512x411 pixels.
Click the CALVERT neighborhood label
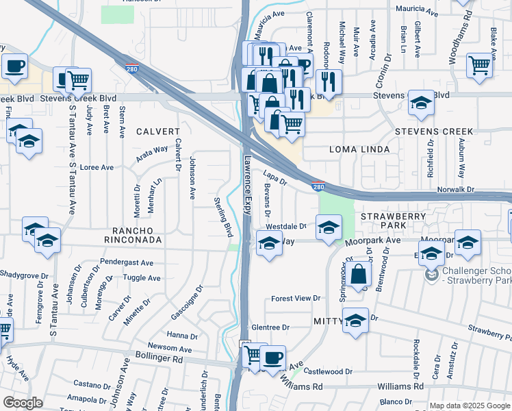(x=157, y=131)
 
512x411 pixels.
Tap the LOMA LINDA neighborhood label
(x=359, y=149)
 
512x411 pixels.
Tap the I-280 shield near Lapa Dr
(x=318, y=186)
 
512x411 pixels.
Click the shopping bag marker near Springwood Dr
(x=359, y=275)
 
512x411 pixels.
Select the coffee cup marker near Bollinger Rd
(x=274, y=358)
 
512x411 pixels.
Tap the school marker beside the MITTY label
(x=355, y=321)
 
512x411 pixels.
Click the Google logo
(x=23, y=403)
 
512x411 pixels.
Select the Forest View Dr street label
(x=296, y=299)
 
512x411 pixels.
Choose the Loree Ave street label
(x=97, y=167)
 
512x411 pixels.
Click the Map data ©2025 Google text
(x=469, y=406)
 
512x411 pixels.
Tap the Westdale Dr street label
(x=285, y=226)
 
